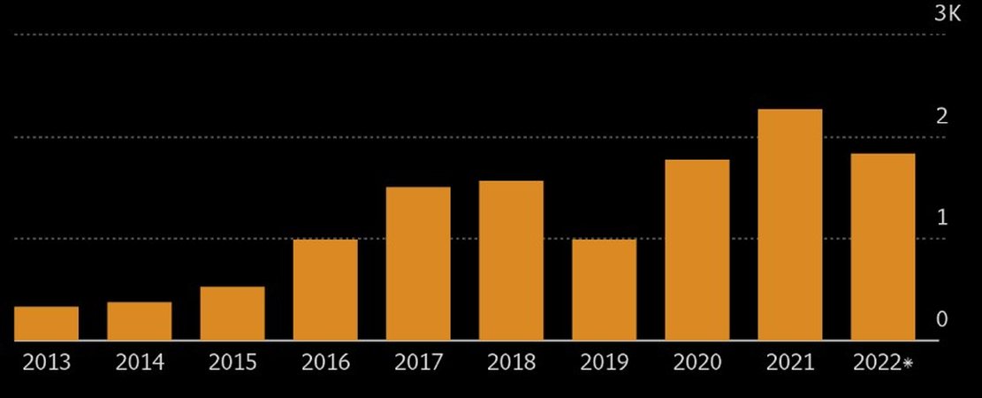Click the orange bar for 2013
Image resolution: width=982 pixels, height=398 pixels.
47,323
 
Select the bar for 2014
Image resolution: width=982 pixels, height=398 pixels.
140,321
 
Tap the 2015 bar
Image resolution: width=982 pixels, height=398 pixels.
232,313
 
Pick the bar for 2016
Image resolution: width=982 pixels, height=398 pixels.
325,289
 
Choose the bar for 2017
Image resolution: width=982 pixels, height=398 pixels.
418,264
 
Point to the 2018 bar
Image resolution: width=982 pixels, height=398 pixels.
511,260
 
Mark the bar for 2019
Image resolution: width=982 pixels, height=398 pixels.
604,289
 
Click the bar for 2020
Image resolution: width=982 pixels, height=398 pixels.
697,249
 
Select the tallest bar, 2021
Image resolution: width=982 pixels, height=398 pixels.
790,225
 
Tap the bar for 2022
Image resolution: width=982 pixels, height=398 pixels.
883,247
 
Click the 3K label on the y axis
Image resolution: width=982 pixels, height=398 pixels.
947,13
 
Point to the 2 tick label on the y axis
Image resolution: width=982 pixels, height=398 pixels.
942,116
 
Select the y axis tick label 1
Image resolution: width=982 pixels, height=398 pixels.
942,218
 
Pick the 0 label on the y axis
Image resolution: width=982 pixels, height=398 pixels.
942,319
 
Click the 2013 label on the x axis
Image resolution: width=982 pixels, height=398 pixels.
47,363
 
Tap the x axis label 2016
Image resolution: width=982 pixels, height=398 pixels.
325,363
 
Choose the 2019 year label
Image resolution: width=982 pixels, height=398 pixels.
604,363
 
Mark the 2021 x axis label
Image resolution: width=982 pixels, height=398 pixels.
790,363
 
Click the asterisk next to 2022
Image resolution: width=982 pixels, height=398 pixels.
908,363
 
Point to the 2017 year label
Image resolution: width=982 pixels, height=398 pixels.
418,363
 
